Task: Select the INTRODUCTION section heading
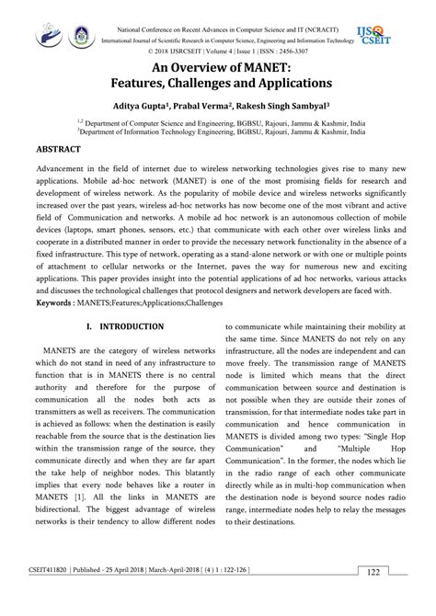pyautogui.click(x=132, y=326)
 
